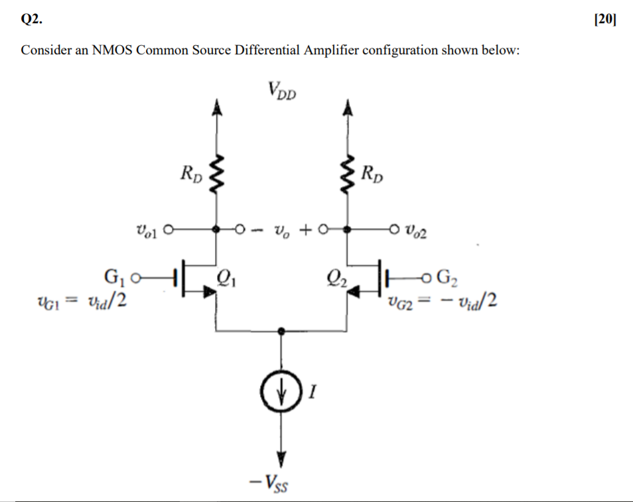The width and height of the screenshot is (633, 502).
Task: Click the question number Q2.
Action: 31,19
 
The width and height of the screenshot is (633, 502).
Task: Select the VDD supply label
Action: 282,90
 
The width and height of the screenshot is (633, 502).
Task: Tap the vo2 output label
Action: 416,231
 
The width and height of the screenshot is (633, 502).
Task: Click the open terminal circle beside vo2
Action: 393,230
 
